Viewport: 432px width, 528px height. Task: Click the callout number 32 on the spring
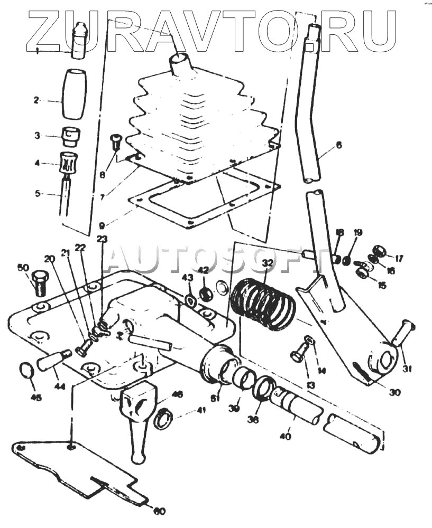(268, 262)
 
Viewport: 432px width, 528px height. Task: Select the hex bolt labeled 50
(40, 283)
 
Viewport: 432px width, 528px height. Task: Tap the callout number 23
(102, 238)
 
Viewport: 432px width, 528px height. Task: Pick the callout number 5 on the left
(38, 194)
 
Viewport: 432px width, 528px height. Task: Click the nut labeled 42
(204, 292)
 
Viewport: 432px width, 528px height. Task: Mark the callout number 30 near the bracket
(395, 392)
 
